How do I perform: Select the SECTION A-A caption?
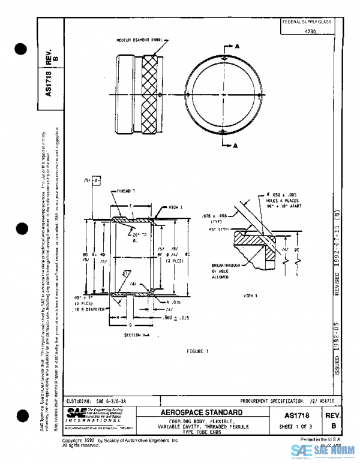click(x=136, y=335)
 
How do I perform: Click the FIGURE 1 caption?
click(x=197, y=350)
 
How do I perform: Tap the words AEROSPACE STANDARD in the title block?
click(x=202, y=412)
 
